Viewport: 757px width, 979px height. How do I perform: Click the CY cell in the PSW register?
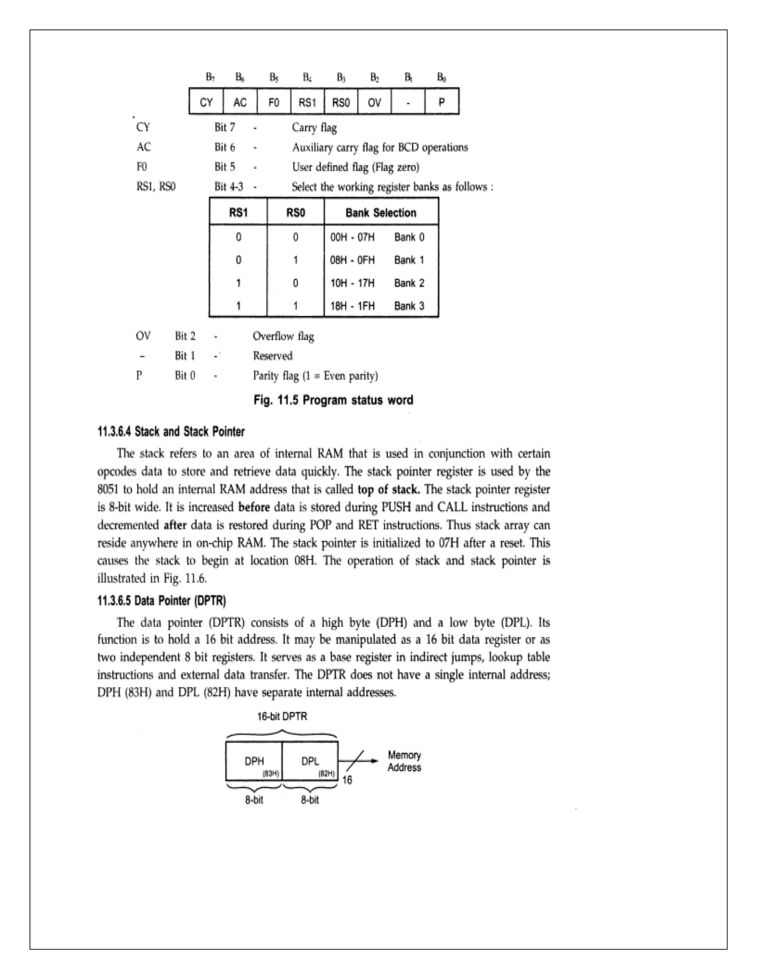206,102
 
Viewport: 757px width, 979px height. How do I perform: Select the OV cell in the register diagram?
374,102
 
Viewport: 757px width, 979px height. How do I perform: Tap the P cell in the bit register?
441,102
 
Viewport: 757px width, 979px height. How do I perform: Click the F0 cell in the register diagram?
274,102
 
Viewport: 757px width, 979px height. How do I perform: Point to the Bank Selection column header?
381,212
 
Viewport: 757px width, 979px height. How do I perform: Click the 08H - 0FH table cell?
353,260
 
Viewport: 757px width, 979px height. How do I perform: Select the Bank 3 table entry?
409,306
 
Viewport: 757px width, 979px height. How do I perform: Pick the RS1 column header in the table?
238,212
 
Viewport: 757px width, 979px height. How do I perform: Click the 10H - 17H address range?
353,283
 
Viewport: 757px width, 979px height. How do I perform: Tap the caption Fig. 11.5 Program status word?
333,400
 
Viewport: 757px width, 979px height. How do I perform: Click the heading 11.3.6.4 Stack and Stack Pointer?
171,431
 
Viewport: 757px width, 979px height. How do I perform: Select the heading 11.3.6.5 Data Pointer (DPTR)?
162,601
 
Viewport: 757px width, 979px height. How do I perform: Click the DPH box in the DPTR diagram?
254,761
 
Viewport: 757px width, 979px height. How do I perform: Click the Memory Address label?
404,761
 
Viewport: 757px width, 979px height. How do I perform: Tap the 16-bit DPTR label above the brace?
282,716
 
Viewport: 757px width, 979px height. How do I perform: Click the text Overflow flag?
283,336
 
